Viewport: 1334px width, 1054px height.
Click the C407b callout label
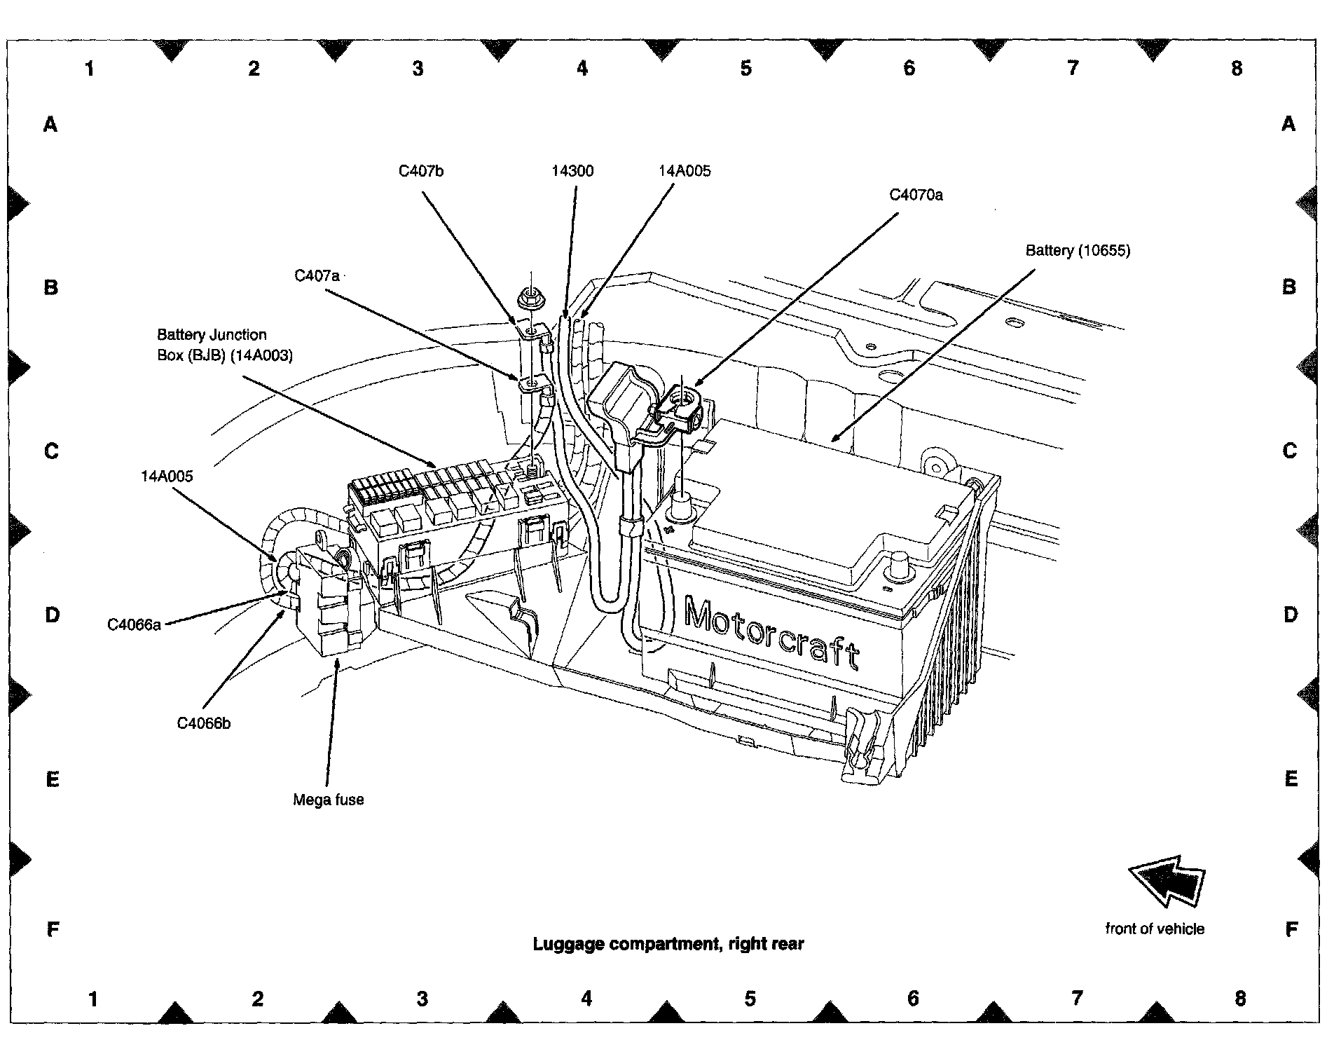pyautogui.click(x=421, y=171)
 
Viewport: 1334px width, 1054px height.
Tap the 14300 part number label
pyautogui.click(x=572, y=171)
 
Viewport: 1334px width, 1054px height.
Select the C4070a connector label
pyautogui.click(x=916, y=195)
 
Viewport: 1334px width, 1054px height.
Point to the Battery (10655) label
pyautogui.click(x=1078, y=250)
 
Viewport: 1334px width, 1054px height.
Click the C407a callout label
pyautogui.click(x=317, y=276)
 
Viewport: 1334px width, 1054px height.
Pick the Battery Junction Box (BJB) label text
pyautogui.click(x=225, y=345)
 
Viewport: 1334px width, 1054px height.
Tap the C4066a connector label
pyautogui.click(x=134, y=624)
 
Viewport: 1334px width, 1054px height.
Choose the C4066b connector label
pyautogui.click(x=203, y=723)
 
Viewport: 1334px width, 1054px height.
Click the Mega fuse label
pyautogui.click(x=329, y=800)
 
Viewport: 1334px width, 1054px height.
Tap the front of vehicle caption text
pyautogui.click(x=1155, y=929)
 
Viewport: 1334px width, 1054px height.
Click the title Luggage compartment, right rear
pyautogui.click(x=668, y=943)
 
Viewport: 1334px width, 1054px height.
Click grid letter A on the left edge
pyautogui.click(x=50, y=125)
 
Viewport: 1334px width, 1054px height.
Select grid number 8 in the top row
pyautogui.click(x=1237, y=68)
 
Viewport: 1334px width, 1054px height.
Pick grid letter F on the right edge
pyautogui.click(x=1291, y=929)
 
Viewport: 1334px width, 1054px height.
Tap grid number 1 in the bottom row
pyautogui.click(x=93, y=998)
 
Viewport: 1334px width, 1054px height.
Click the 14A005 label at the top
pyautogui.click(x=685, y=171)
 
